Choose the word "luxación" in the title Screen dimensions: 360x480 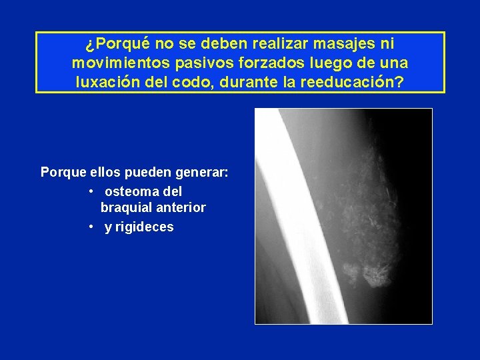tap(109, 83)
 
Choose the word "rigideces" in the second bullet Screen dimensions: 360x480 tap(145, 227)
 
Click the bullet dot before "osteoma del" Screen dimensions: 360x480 tap(91, 191)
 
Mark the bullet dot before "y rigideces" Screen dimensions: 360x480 tap(91, 227)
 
